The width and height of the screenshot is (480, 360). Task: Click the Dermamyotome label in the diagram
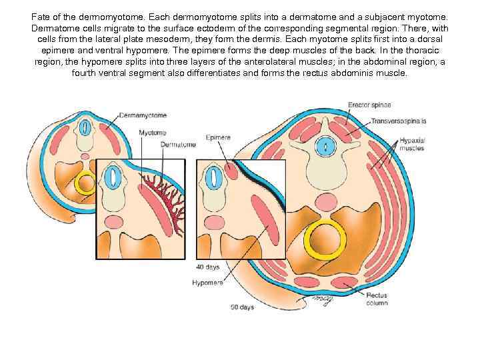coord(143,115)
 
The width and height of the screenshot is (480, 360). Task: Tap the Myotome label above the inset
coord(153,133)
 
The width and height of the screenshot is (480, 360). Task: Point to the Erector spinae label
coord(369,105)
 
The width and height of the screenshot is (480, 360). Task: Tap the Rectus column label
coord(377,298)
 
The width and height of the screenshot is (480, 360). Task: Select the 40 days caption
coord(207,267)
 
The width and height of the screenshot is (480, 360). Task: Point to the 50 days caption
coord(242,307)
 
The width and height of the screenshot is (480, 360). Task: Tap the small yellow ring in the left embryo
coord(87,182)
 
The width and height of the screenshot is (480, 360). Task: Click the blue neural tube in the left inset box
coord(113,177)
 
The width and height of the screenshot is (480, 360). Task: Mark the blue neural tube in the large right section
coord(325,145)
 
